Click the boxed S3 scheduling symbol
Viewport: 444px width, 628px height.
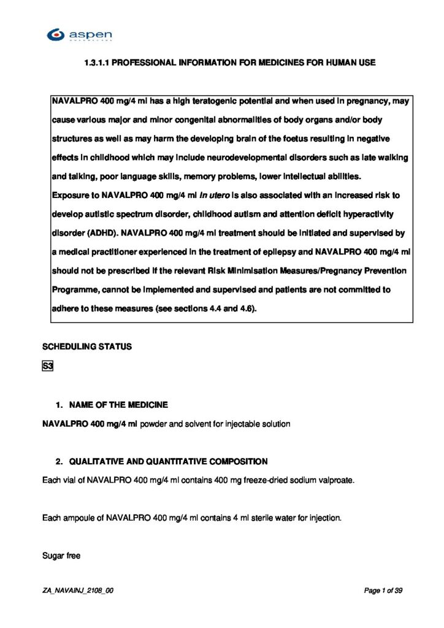48,367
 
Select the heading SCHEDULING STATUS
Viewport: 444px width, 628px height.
87,347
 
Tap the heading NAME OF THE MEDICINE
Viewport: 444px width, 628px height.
118,405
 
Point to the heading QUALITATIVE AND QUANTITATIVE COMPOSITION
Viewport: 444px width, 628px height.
168,461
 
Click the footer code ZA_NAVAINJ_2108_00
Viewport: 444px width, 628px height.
78,591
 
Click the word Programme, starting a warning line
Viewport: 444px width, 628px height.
75,290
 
